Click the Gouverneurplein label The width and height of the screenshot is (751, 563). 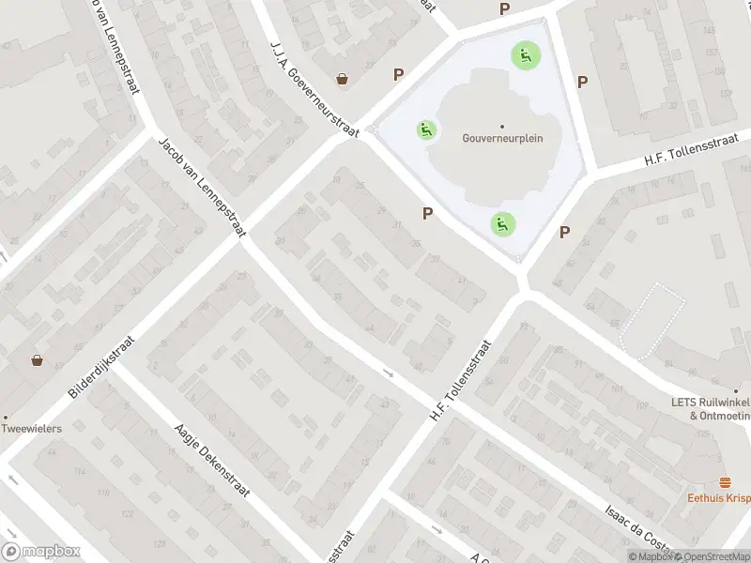(x=502, y=138)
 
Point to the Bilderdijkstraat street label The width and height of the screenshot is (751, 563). (x=102, y=367)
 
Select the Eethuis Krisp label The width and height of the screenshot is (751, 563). (x=718, y=497)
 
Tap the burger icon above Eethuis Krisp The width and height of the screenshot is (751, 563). (x=724, y=482)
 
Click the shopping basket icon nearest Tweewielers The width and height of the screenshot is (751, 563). (x=38, y=359)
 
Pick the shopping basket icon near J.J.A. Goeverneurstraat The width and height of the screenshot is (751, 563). (x=344, y=80)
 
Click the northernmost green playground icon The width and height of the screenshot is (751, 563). (x=525, y=54)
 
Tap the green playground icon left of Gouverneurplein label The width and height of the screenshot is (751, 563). (x=427, y=129)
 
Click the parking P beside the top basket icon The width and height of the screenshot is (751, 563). (x=399, y=74)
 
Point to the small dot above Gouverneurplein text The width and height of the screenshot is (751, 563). (x=502, y=126)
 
